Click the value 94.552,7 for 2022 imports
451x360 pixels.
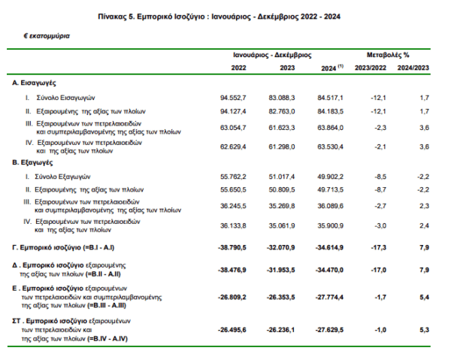[x=233, y=98]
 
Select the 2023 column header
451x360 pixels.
[x=287, y=68]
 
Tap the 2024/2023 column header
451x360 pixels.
[x=413, y=68]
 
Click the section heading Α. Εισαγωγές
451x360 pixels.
[x=34, y=83]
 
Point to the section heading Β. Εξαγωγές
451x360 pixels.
[x=32, y=163]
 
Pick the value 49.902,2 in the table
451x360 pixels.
[x=330, y=177]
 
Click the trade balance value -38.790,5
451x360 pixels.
[x=232, y=247]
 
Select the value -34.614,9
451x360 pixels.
[x=329, y=247]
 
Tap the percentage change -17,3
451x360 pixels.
[x=378, y=247]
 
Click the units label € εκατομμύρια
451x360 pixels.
[x=47, y=36]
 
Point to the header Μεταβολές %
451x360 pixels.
[x=388, y=55]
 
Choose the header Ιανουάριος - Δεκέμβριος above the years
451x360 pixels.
[x=272, y=55]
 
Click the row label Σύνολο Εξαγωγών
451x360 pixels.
[x=62, y=177]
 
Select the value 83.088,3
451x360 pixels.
[x=282, y=98]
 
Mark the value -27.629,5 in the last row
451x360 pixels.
[x=329, y=330]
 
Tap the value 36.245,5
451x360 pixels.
[x=233, y=206]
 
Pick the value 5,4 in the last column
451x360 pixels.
[x=424, y=297]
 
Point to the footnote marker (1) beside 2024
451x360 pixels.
[x=341, y=66]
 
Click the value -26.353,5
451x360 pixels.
[x=280, y=297]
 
